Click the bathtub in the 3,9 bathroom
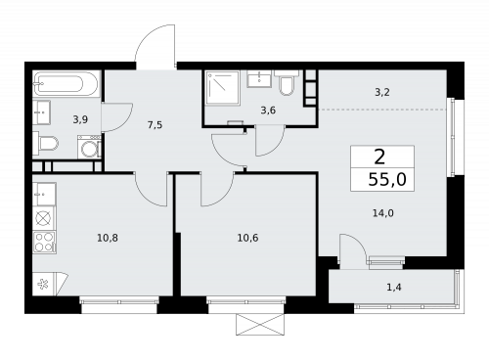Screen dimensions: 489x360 66,83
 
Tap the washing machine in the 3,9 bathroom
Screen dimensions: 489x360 89,147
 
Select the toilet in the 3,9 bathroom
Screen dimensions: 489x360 45,143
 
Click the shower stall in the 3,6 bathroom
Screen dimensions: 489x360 223,88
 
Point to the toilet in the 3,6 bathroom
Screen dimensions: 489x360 287,83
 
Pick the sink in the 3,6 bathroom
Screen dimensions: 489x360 259,79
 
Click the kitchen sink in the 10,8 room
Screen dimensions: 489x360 44,195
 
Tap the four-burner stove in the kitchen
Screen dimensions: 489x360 44,243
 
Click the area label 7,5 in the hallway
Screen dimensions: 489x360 155,125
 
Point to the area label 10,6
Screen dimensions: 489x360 247,238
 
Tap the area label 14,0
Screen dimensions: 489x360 383,213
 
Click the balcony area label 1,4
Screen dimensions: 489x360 394,288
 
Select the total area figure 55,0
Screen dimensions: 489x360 387,179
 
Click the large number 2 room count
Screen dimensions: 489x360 379,157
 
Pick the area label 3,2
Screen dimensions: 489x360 382,93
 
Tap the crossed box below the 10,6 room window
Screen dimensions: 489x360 260,325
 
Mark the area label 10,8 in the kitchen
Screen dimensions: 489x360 108,238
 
